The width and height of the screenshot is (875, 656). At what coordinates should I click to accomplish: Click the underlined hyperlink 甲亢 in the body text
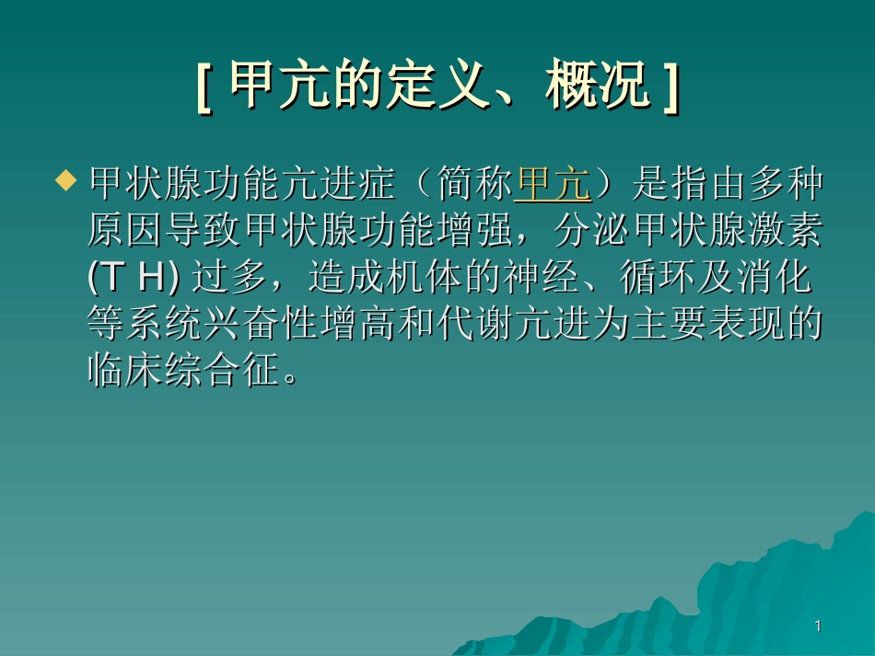pos(553,185)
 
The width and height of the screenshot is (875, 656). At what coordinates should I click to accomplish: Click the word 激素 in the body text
pos(794,231)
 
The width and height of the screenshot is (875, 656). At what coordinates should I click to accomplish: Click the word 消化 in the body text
pos(794,277)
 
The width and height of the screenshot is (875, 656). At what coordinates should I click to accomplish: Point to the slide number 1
pos(817,627)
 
